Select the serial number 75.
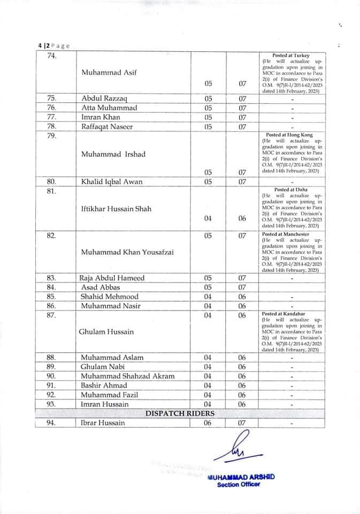[x=52, y=99]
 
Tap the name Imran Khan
[x=101, y=117]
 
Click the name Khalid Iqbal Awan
[x=112, y=182]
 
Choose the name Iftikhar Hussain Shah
[x=116, y=208]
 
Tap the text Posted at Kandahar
[x=284, y=314]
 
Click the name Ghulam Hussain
[x=108, y=332]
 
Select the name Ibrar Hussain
[x=103, y=423]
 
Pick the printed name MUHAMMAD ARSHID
[x=241, y=477]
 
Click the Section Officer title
[x=238, y=485]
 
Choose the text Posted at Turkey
[x=290, y=56]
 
